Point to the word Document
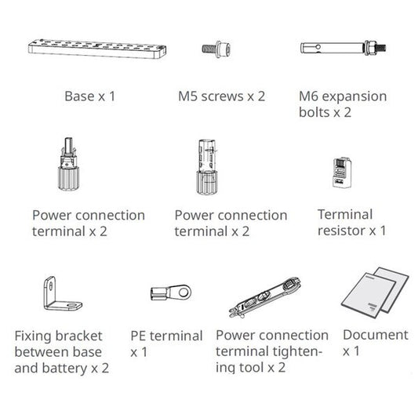[x=375, y=335]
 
